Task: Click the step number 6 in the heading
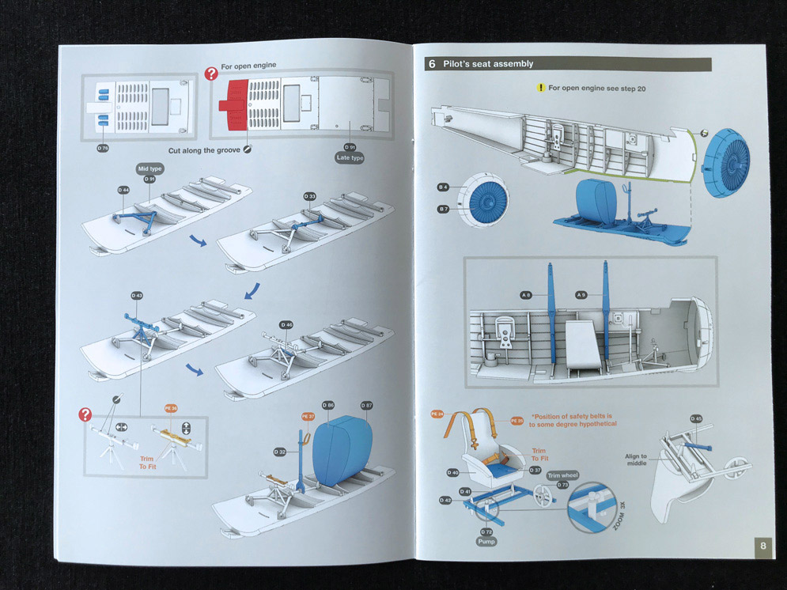pos(432,64)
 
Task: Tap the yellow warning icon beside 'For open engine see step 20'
pos(540,88)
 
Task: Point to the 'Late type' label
pos(350,158)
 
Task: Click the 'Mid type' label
pos(149,168)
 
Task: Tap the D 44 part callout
pos(123,191)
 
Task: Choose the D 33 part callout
pos(308,196)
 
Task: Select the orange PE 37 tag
pos(308,416)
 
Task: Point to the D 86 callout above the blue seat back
pos(328,405)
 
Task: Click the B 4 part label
pos(443,187)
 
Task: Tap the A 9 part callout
pos(581,295)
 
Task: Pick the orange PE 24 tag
pos(437,414)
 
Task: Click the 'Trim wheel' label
pos(563,475)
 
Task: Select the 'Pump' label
pos(486,542)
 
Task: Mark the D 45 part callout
pos(696,418)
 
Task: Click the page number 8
pos(762,546)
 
